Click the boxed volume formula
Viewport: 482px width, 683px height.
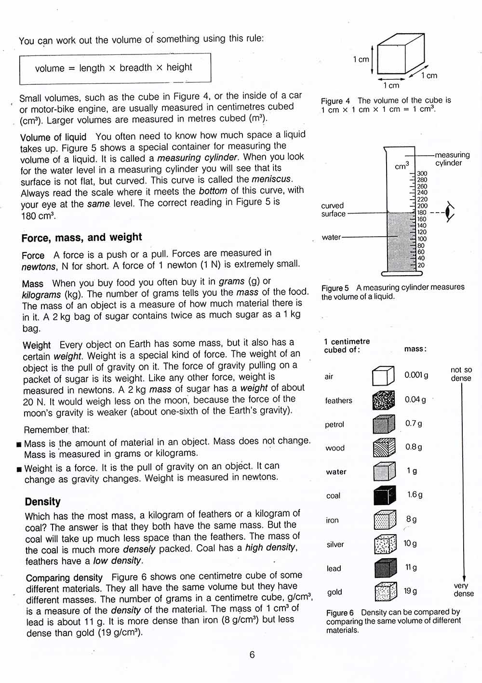point(115,68)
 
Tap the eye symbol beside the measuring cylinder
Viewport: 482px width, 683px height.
point(450,212)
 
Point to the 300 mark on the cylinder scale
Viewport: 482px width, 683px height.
point(422,174)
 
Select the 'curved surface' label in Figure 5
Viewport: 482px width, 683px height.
point(333,210)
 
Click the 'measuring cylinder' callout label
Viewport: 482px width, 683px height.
point(451,159)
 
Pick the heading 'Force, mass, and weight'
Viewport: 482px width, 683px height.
point(81,237)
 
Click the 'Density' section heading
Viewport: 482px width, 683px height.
point(43,502)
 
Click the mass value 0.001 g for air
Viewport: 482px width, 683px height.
point(416,375)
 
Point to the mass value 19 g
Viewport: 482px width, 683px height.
point(411,591)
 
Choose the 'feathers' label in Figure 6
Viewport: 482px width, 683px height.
point(338,401)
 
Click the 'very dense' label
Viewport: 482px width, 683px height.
point(463,589)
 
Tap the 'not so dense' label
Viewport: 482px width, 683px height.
point(461,374)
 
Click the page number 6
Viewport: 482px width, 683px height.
point(252,655)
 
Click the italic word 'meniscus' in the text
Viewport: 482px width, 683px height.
point(271,179)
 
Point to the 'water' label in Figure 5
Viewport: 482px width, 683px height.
point(331,237)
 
